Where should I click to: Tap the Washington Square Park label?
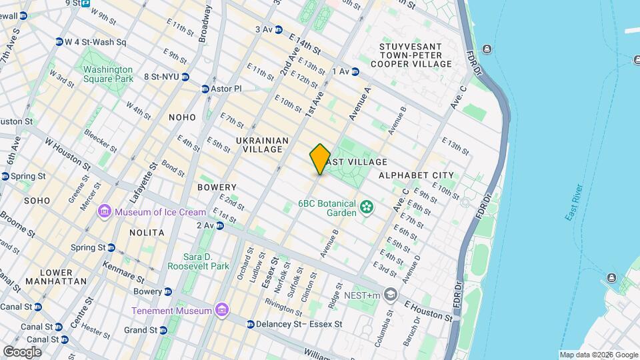(x=108, y=74)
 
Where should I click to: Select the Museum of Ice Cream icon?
(x=104, y=212)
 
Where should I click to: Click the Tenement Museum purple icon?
(x=221, y=311)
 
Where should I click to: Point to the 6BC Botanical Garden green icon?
(x=366, y=208)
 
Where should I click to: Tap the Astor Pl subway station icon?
(x=205, y=89)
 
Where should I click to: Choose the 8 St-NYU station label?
(x=161, y=77)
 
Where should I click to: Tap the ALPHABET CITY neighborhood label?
(x=416, y=175)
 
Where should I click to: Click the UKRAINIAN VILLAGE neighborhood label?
(x=262, y=145)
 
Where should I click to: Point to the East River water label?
(x=575, y=203)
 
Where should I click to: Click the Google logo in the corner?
(x=22, y=351)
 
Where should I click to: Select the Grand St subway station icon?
(x=163, y=330)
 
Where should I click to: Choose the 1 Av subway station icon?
(x=355, y=71)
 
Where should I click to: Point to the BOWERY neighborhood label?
(x=217, y=187)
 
